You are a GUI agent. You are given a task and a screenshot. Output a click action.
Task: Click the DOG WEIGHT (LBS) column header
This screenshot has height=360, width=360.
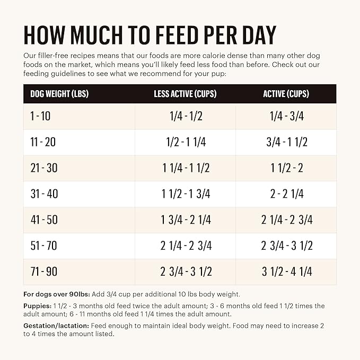[59, 94]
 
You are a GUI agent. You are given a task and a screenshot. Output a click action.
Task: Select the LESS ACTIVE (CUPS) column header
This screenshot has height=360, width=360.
[186, 94]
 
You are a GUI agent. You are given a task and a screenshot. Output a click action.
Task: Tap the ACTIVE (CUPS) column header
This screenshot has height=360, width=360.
[286, 94]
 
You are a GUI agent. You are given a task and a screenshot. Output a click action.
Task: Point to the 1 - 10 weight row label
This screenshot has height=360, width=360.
[40, 117]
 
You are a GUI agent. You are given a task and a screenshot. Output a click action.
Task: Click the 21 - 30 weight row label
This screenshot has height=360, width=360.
[44, 168]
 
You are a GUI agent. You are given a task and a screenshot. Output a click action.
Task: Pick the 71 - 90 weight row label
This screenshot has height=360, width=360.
[44, 272]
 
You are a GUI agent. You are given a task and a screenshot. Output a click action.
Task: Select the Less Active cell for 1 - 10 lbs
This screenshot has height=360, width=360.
[186, 117]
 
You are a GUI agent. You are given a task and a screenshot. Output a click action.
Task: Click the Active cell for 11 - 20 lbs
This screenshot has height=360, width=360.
[286, 142]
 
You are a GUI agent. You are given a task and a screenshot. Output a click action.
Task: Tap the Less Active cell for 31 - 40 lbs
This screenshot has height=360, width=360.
[186, 194]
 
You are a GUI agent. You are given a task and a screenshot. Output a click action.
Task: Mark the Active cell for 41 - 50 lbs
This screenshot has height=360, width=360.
[286, 220]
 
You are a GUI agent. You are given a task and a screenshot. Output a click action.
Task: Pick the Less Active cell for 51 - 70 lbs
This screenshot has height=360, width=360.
[186, 246]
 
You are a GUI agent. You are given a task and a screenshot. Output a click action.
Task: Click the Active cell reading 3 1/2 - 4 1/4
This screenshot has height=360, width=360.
[286, 272]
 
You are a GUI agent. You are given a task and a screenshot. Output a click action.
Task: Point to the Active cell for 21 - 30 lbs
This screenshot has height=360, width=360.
[286, 168]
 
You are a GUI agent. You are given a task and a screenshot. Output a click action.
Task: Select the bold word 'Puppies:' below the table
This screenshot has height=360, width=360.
[38, 306]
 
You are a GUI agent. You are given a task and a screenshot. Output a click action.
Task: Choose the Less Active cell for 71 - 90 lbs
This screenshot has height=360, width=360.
[186, 272]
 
